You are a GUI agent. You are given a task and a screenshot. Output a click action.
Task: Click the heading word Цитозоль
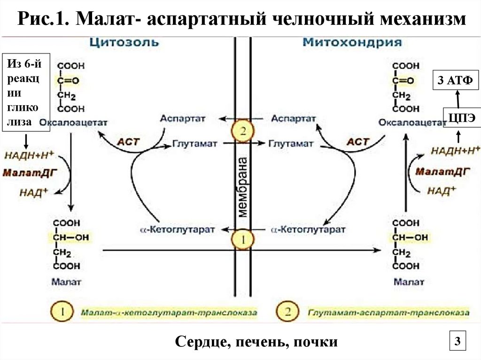point(124,43)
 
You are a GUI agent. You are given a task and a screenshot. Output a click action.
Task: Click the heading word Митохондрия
point(352,43)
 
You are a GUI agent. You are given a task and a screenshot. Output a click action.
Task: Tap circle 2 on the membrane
point(243,131)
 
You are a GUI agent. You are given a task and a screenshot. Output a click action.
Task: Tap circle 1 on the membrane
point(243,239)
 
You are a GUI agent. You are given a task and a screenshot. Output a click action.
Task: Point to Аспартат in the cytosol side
point(182,119)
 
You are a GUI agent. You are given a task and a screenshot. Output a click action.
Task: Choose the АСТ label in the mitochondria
point(357,142)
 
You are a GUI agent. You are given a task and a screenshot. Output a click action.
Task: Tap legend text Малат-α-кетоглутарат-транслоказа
point(168,312)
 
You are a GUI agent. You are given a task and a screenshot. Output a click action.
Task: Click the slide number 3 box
point(456,340)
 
